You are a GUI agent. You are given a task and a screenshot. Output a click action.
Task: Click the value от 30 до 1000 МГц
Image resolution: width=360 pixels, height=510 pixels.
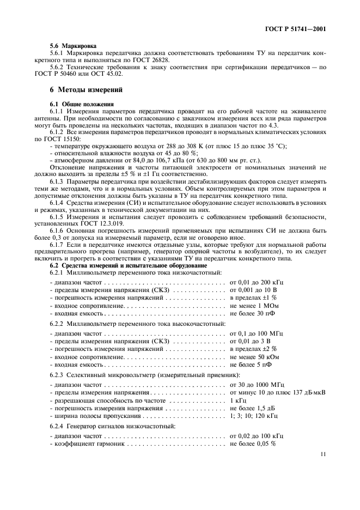[257, 385]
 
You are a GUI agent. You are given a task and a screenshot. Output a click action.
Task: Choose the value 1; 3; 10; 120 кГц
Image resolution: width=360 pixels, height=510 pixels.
[254, 416]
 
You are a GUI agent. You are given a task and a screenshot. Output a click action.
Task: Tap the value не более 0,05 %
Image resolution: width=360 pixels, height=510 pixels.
[253, 444]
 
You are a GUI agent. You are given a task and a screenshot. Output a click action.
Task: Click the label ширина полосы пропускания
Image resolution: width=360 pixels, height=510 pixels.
[89, 416]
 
